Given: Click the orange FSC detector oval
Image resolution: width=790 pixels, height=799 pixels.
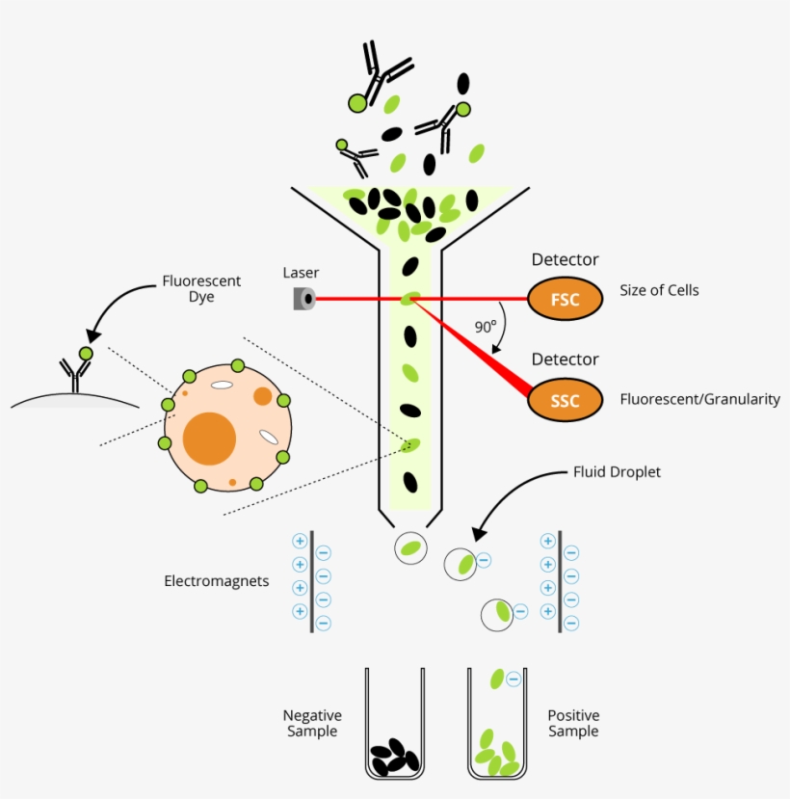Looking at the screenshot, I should (x=565, y=300).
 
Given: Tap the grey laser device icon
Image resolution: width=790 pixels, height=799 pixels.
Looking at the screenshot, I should (x=304, y=300).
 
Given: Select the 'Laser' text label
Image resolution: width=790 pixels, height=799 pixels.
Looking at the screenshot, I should (x=301, y=274).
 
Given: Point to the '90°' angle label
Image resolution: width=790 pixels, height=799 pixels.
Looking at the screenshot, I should (x=485, y=327).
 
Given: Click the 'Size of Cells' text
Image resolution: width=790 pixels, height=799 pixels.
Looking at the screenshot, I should (x=660, y=290).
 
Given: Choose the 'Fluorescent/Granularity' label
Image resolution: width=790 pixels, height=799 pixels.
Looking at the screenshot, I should (x=699, y=399).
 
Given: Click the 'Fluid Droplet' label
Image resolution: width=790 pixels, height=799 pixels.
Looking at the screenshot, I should (x=617, y=472).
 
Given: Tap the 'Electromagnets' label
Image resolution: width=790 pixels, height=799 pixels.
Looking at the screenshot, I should (x=216, y=582).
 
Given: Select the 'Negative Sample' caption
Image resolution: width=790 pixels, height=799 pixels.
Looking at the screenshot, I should (x=312, y=724).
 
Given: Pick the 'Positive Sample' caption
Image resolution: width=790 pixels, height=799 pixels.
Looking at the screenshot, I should (x=573, y=723).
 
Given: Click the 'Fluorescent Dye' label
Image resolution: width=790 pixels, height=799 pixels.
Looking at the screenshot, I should (x=201, y=289).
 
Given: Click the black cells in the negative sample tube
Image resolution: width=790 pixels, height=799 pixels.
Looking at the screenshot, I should (x=395, y=756).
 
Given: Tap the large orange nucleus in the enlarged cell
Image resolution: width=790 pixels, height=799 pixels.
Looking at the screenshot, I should (x=209, y=439).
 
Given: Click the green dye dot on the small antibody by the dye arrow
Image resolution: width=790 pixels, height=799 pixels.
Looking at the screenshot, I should (x=85, y=355).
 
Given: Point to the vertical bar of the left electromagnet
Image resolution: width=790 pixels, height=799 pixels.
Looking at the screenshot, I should (x=312, y=583).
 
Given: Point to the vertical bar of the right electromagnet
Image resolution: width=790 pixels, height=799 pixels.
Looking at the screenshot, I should (x=560, y=583).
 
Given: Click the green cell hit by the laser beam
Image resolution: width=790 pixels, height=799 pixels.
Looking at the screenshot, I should (x=410, y=299).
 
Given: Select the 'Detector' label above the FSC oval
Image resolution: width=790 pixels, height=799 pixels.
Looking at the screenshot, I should (x=565, y=259).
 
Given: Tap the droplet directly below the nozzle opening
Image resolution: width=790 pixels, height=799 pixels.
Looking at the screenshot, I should (x=410, y=548).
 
